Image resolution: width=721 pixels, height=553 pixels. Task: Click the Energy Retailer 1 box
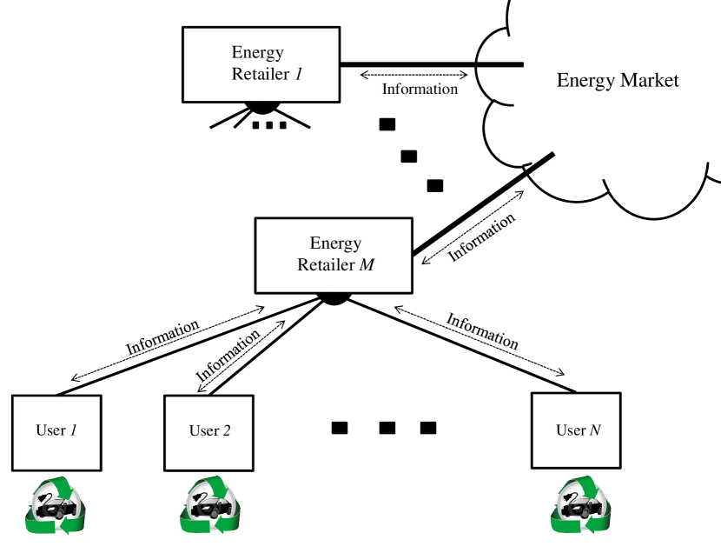tap(261, 64)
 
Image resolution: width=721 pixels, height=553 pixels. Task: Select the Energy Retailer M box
tap(334, 255)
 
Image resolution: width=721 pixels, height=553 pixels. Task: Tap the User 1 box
tap(56, 432)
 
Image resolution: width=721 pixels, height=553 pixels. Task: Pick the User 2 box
tap(209, 432)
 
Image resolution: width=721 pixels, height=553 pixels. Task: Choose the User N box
tap(576, 432)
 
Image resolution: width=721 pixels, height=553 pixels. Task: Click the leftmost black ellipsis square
tap(340, 428)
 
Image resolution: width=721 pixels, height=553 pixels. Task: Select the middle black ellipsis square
tap(387, 428)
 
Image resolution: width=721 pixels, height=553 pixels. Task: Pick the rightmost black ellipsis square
tap(428, 428)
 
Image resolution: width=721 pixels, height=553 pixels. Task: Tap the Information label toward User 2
tap(228, 355)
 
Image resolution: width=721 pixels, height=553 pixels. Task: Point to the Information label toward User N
tap(483, 331)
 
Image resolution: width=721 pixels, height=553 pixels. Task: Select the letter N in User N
tap(595, 430)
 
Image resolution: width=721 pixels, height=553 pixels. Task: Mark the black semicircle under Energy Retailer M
tap(334, 297)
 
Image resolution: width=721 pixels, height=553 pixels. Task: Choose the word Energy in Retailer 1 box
tap(257, 53)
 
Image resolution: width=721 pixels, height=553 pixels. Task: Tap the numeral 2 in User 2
tap(226, 430)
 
